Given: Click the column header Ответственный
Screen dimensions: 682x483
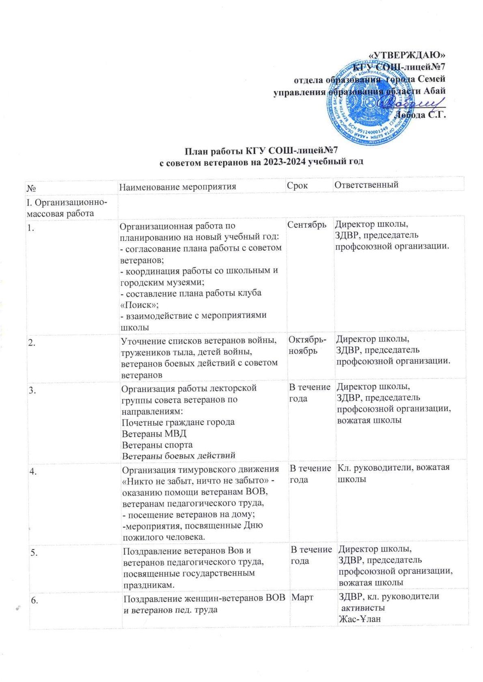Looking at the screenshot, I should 366,185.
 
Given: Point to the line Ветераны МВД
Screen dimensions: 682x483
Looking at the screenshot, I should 154,433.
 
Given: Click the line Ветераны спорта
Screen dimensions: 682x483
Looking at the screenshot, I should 157,444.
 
